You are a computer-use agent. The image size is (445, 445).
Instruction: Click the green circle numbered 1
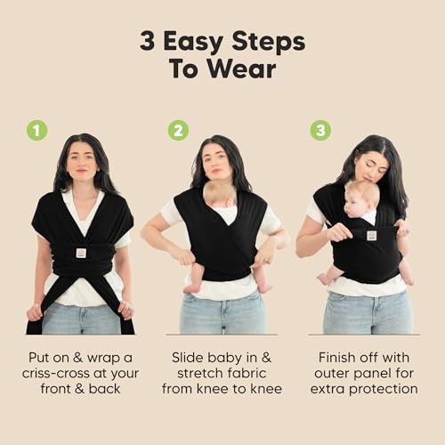coord(36,130)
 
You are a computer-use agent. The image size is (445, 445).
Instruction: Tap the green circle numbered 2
coord(178,130)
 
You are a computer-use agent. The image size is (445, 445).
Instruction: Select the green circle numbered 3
coord(320,130)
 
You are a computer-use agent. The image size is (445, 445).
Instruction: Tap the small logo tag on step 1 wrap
coord(81,252)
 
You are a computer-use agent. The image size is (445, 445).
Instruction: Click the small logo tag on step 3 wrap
coord(371,235)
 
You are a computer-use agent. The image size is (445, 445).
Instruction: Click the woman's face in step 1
coord(82,163)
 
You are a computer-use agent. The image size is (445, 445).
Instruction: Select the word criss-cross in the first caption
coord(67,372)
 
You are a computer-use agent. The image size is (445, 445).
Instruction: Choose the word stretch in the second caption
coord(194,372)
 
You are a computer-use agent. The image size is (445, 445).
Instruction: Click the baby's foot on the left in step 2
coord(190,287)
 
